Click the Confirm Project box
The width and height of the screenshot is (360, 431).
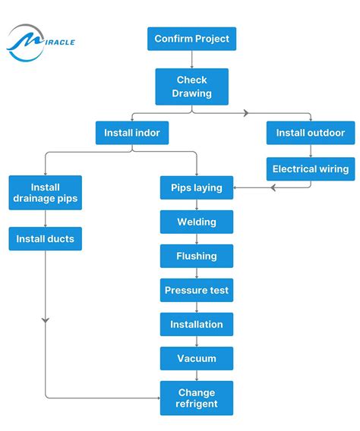(191, 39)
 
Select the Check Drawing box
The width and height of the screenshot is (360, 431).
(191, 87)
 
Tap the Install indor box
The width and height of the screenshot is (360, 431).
(132, 133)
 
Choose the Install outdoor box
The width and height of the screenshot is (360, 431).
(310, 133)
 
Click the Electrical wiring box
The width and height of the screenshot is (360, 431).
(310, 168)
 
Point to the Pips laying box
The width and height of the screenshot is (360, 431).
(197, 187)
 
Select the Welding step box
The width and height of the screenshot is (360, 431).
(197, 222)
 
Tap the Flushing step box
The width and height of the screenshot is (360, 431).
(197, 256)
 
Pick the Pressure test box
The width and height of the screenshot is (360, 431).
(197, 290)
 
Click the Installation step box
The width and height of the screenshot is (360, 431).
(197, 324)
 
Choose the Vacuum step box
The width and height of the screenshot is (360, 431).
(197, 358)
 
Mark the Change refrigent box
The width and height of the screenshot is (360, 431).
(197, 398)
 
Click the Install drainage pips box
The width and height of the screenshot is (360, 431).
(46, 193)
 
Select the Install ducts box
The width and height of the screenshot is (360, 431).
(46, 239)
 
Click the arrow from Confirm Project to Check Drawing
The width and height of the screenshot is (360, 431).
(191, 60)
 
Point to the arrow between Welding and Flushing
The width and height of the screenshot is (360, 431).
(197, 239)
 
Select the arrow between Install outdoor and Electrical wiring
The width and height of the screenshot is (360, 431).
(310, 150)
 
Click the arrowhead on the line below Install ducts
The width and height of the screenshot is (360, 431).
(46, 321)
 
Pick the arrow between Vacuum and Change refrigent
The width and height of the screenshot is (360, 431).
(197, 376)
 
